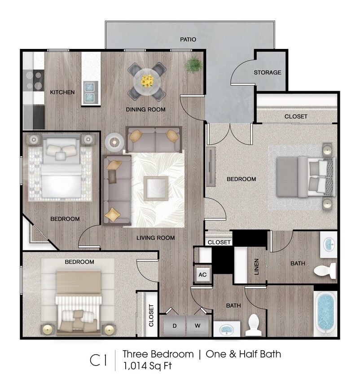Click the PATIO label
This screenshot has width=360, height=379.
(x=188, y=40)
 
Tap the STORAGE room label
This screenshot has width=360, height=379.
(x=268, y=72)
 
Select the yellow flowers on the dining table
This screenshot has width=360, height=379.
(x=147, y=81)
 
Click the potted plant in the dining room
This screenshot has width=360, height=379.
(x=193, y=65)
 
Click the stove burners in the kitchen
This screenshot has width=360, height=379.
(x=34, y=80)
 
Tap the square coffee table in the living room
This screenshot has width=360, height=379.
(x=156, y=188)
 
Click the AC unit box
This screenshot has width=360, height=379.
(x=202, y=275)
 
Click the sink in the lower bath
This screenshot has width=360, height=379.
(x=227, y=329)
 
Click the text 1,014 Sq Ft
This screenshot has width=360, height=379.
(x=147, y=366)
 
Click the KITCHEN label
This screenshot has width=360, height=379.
(x=62, y=92)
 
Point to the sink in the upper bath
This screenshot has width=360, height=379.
(x=329, y=245)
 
